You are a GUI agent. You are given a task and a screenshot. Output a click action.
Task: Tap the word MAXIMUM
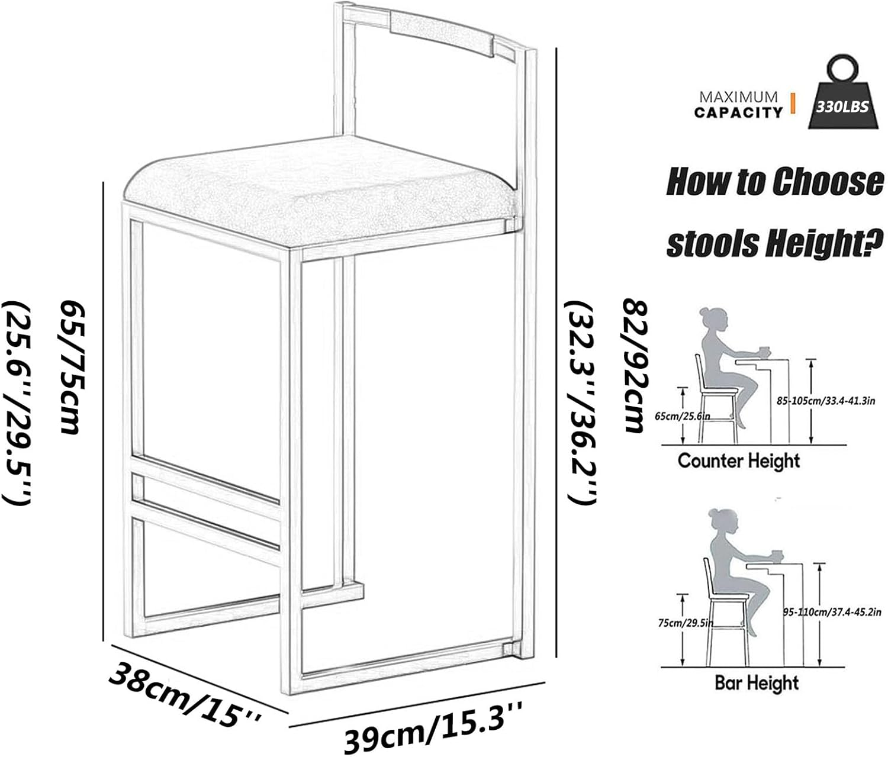click(x=738, y=97)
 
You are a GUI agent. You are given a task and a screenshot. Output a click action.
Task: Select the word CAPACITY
click(x=738, y=112)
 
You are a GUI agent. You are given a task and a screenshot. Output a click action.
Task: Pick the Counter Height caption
click(x=738, y=460)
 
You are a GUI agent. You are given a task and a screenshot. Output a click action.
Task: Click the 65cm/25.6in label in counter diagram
click(x=682, y=416)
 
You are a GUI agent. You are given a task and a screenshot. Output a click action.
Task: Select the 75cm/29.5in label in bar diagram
click(x=686, y=623)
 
